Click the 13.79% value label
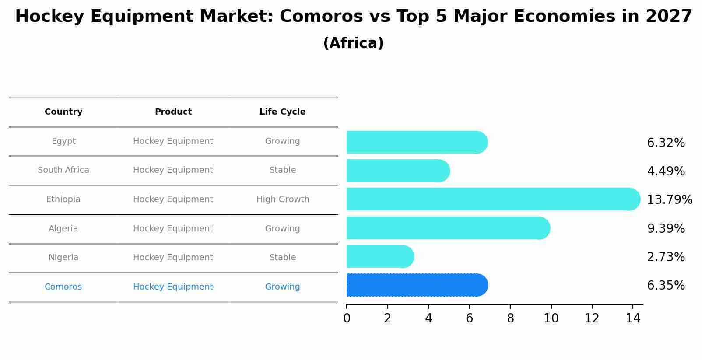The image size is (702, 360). click(x=669, y=200)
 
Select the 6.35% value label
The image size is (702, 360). click(x=666, y=286)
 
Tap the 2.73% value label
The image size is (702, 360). click(x=666, y=257)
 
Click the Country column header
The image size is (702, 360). click(x=63, y=112)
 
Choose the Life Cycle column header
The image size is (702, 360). click(x=282, y=112)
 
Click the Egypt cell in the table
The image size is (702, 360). click(x=63, y=141)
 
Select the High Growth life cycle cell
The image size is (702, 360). click(x=283, y=199)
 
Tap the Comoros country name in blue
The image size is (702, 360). click(x=63, y=287)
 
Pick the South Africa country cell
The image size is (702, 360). click(x=63, y=170)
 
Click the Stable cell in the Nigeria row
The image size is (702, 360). click(x=283, y=258)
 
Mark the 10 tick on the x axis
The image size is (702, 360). click(x=551, y=318)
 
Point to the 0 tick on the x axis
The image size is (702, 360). click(x=347, y=318)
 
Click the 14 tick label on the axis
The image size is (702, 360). click(x=633, y=318)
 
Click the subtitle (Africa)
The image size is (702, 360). click(x=353, y=43)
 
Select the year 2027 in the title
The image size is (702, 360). click(x=669, y=17)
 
